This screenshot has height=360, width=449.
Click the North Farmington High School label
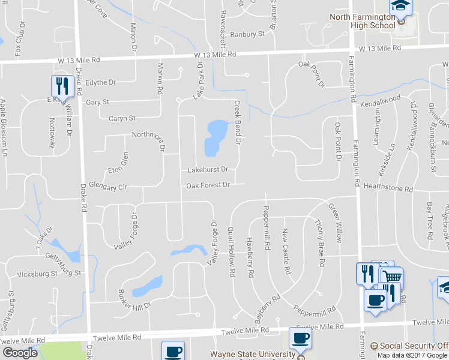(x=363, y=20)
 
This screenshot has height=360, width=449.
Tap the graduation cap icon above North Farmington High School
(x=401, y=6)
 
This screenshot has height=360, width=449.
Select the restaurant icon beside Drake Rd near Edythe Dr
(x=61, y=87)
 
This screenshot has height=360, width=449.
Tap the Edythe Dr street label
(x=100, y=82)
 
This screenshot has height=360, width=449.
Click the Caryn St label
(x=122, y=118)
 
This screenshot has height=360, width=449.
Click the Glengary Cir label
(x=108, y=187)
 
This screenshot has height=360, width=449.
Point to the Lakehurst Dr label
(x=208, y=170)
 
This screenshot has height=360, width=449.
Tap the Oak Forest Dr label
(x=208, y=185)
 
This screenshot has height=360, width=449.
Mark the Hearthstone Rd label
(x=388, y=188)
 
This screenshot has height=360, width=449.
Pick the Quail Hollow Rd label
(x=231, y=252)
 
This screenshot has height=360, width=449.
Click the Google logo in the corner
(x=20, y=353)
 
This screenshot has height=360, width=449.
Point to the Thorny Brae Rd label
(x=319, y=243)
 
